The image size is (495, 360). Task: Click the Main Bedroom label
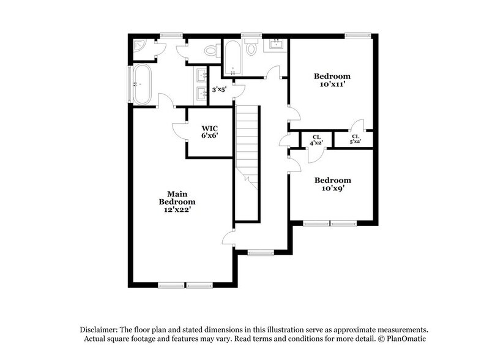click(x=177, y=198)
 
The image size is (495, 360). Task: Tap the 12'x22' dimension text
click(x=177, y=210)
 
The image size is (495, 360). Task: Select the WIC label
click(x=210, y=129)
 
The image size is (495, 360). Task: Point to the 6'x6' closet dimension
click(x=210, y=136)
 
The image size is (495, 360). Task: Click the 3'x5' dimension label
click(x=219, y=89)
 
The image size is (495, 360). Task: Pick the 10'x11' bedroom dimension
click(x=332, y=84)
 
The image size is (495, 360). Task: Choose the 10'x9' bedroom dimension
click(x=332, y=189)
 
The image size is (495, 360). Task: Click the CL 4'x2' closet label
click(x=316, y=140)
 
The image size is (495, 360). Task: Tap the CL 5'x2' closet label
click(x=355, y=139)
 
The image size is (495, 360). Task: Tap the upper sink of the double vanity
click(x=201, y=76)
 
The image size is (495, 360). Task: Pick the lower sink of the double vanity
click(x=201, y=94)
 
